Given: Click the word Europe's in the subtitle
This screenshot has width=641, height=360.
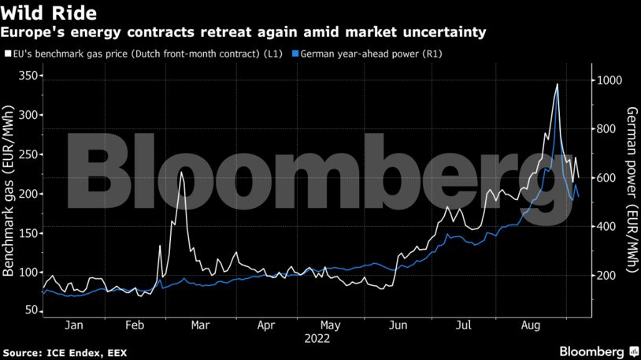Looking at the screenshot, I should [32, 32].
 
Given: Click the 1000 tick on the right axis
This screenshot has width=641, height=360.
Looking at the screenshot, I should [610, 81].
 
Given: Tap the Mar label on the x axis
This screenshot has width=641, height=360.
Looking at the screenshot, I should [200, 325].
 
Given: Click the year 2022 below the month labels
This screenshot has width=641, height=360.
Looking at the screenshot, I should [316, 341].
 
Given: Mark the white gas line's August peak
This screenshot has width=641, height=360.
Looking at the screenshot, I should [558, 84].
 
